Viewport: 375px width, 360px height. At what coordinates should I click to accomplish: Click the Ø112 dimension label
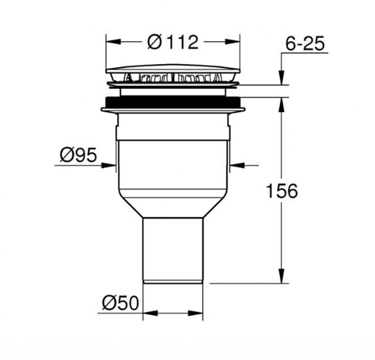click(173, 42)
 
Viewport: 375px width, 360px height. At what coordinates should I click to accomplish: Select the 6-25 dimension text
click(305, 44)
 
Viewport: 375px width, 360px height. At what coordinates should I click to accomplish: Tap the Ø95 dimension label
click(78, 155)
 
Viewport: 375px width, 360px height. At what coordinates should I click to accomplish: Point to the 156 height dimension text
click(282, 191)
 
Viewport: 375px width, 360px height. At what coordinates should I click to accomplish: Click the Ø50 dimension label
click(120, 303)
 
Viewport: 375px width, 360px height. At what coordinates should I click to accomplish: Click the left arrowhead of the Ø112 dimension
click(111, 42)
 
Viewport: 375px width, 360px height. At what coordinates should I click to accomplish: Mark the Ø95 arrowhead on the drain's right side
click(237, 165)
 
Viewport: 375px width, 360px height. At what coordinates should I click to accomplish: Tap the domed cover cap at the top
click(173, 68)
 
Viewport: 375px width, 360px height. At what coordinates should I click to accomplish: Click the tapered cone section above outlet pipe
click(172, 207)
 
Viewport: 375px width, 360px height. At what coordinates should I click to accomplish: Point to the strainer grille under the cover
click(173, 78)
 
